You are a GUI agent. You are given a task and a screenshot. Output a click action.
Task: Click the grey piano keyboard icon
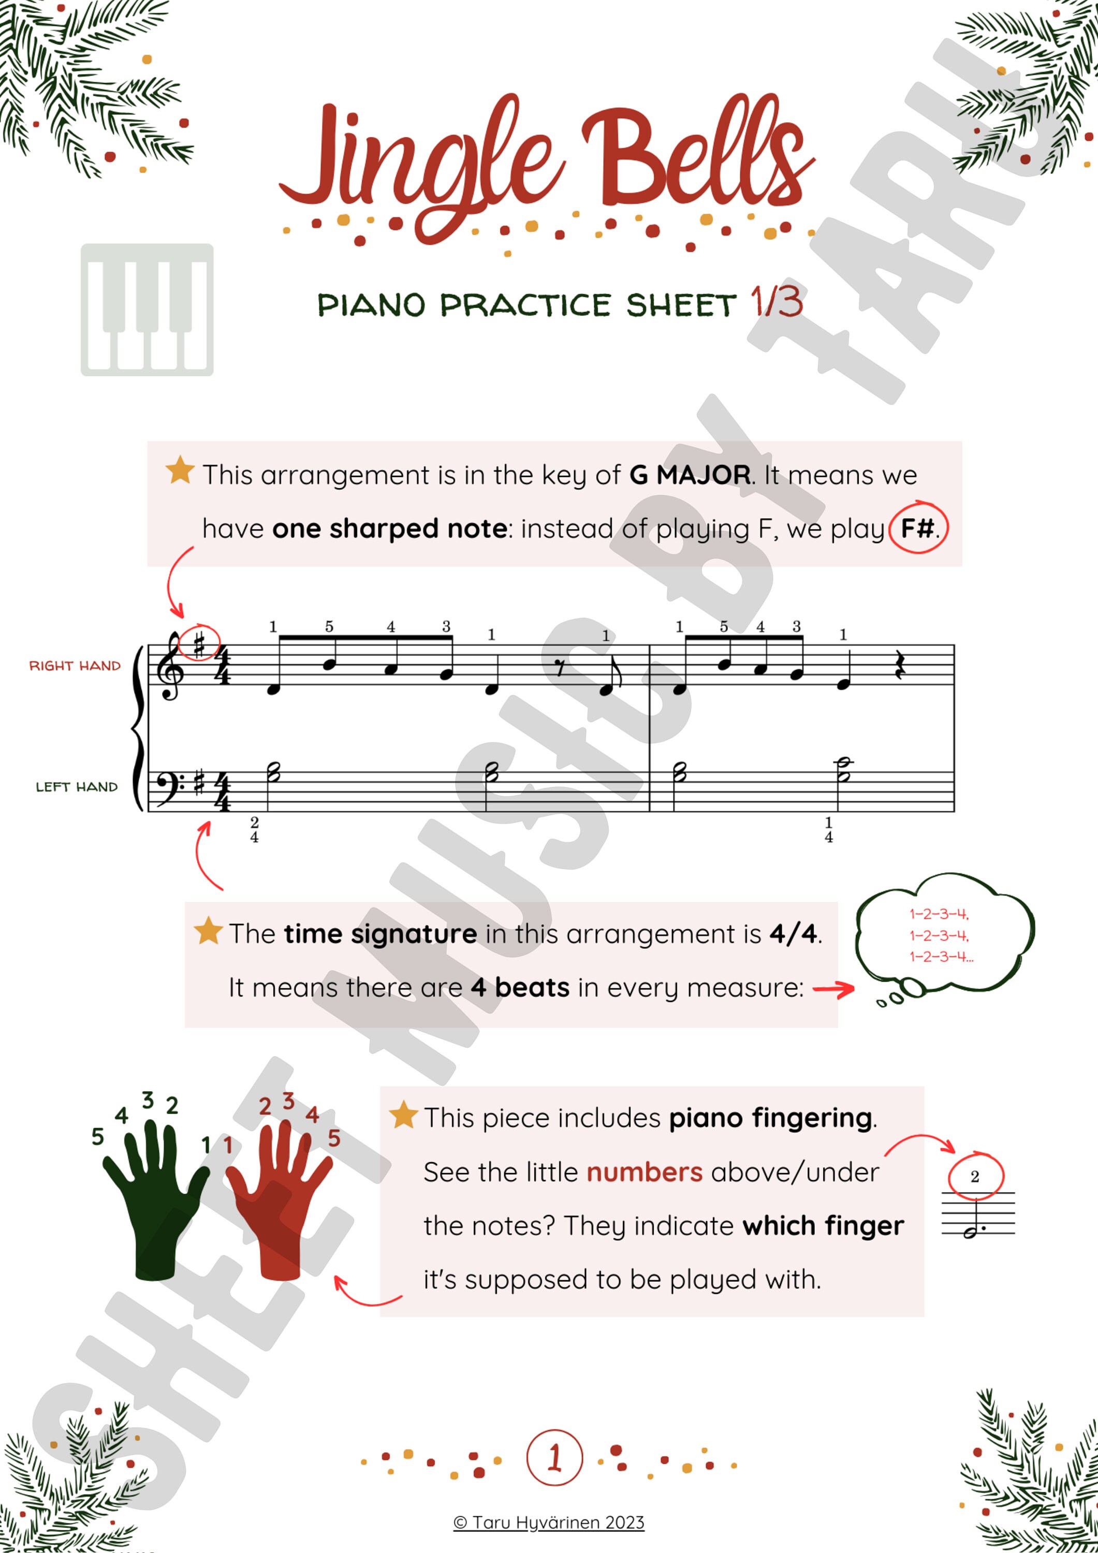coord(147,310)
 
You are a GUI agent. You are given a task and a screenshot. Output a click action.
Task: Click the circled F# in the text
coord(918,528)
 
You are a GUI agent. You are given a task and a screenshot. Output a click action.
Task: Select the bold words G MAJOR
coord(690,475)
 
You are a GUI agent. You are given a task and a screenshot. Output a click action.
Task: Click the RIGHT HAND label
coord(75,666)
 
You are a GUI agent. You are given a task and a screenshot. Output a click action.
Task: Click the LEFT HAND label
coord(77,787)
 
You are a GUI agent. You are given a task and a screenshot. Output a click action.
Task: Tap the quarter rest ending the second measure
coord(899,671)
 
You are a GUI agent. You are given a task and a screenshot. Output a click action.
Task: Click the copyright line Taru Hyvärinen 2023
coord(549,1522)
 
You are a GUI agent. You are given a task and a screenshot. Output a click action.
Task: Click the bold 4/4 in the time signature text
coord(793,934)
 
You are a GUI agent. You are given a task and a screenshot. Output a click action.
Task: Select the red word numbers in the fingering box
coord(644,1172)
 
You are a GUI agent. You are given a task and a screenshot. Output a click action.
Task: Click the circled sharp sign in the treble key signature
coord(199,644)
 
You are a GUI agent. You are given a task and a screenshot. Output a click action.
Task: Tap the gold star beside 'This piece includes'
coord(403,1116)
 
